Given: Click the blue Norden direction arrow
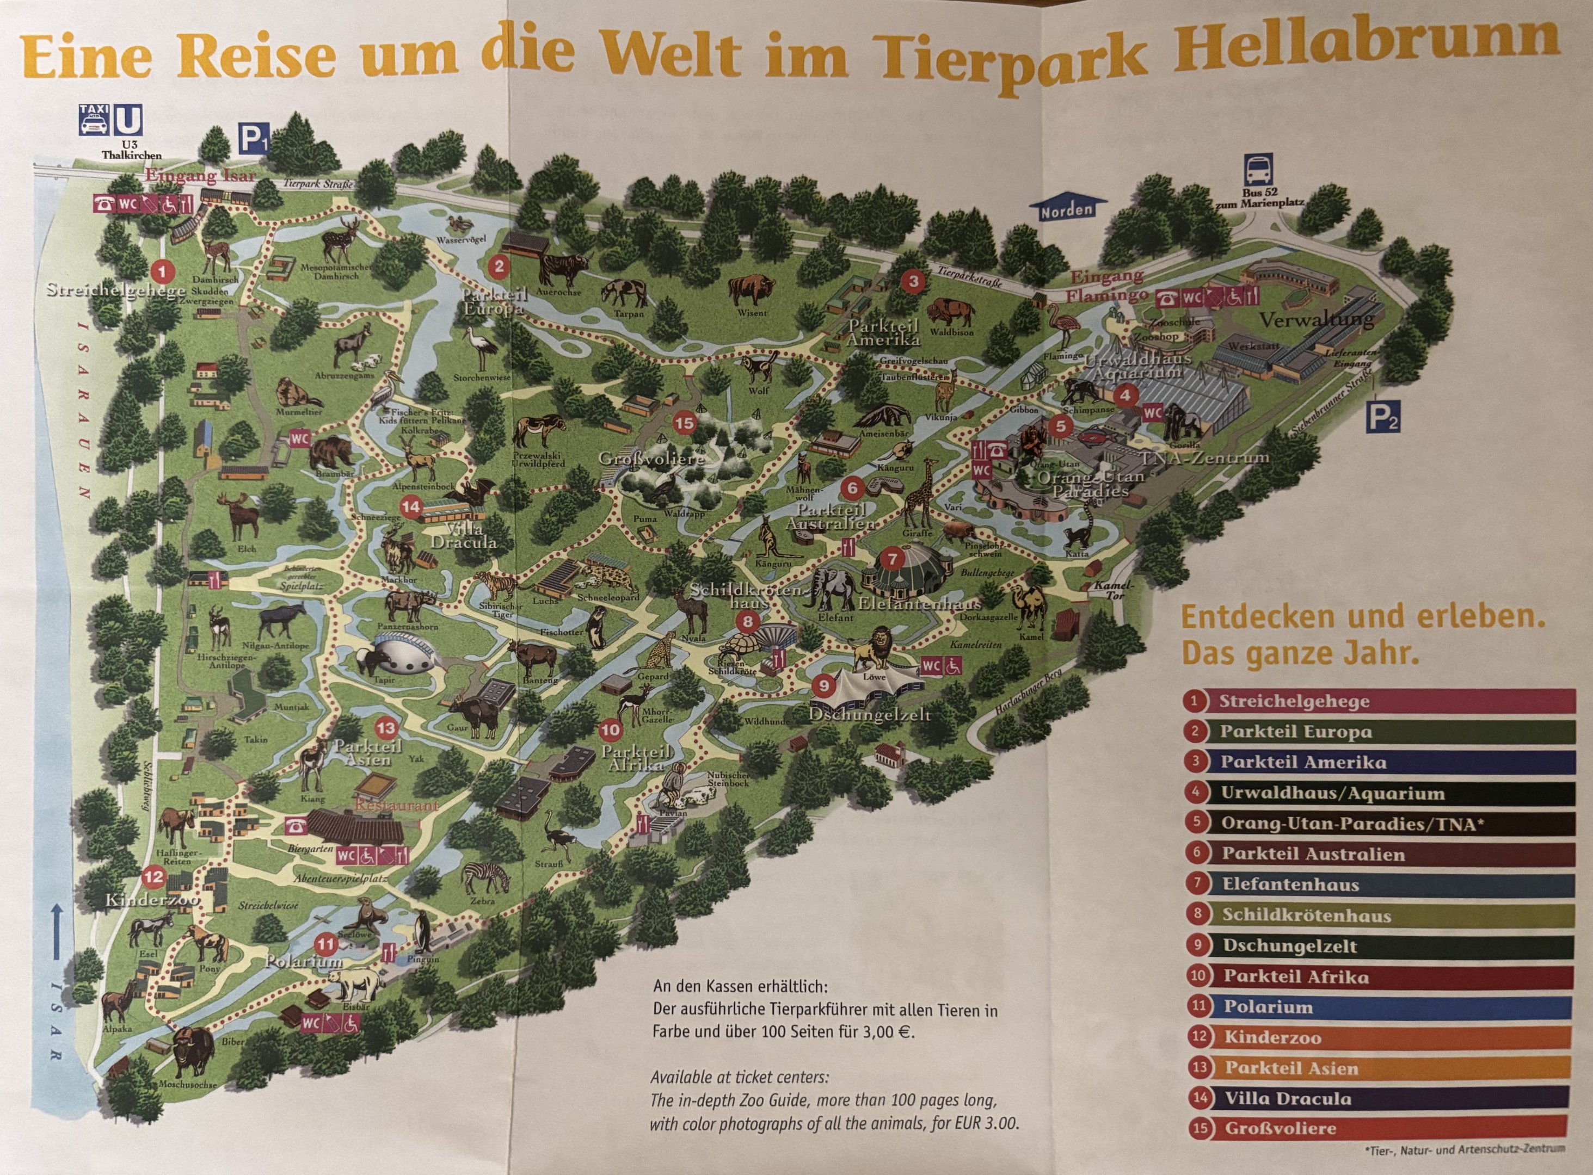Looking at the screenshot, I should [x=1067, y=208].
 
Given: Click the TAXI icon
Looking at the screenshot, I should [x=94, y=120].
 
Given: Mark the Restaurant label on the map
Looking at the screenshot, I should [x=397, y=806].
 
